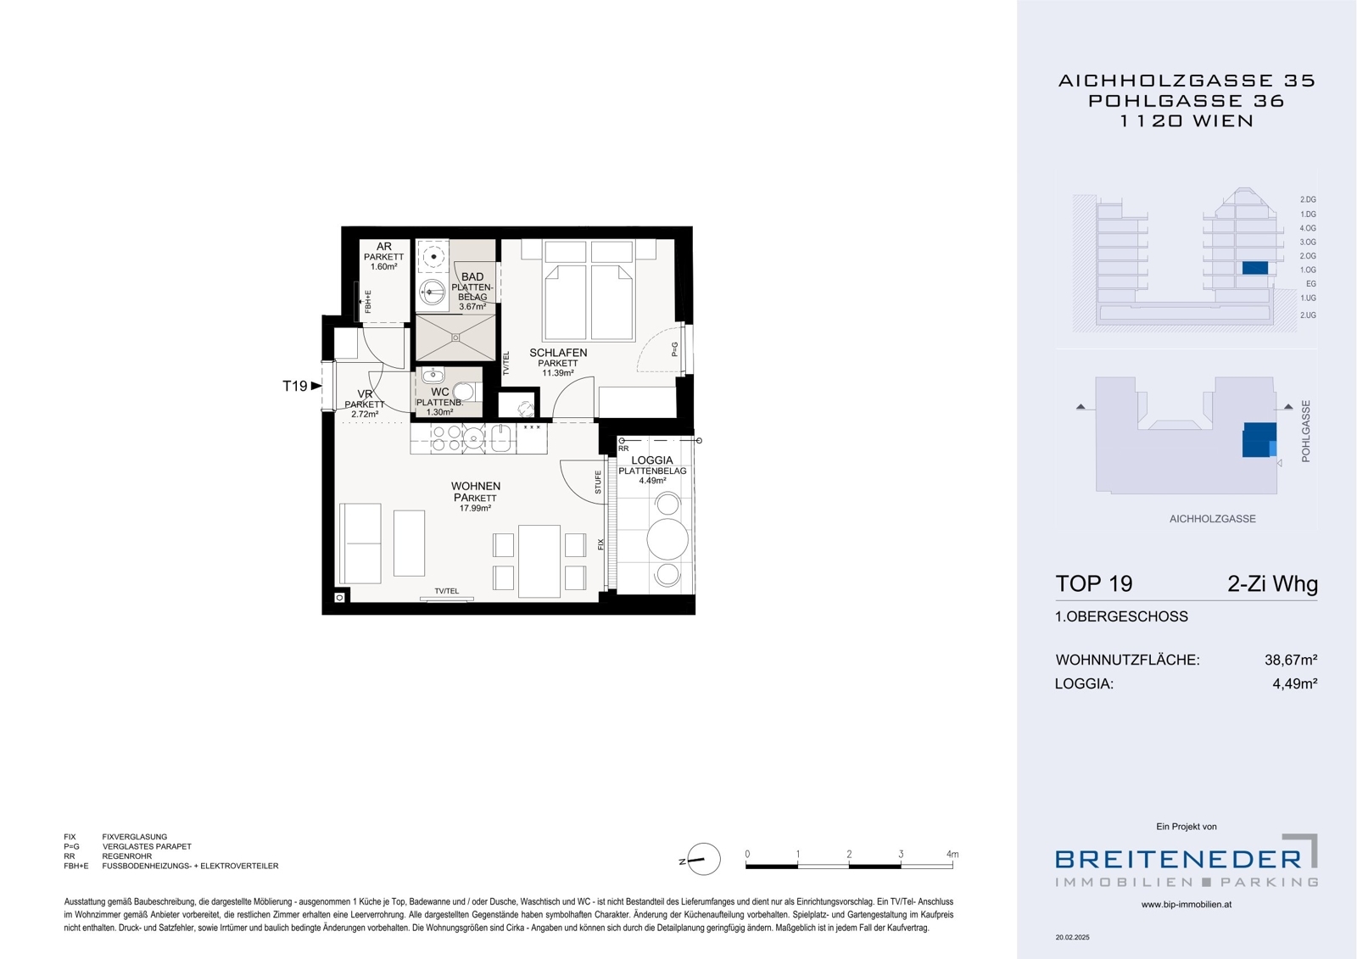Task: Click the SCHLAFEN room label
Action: point(558,353)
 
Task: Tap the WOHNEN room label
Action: point(476,486)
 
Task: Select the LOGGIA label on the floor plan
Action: point(652,460)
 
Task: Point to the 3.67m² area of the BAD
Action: point(472,307)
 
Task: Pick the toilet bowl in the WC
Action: point(463,392)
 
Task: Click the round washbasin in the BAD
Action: point(432,292)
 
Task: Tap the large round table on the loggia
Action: point(667,538)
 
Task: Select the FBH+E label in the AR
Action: point(368,302)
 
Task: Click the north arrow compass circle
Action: point(704,859)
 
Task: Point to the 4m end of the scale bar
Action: point(952,867)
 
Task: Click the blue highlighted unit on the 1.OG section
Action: point(1254,268)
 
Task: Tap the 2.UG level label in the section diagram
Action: point(1308,315)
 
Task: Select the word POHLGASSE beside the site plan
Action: point(1305,432)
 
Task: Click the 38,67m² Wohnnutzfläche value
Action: point(1291,660)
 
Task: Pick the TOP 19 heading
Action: point(1093,583)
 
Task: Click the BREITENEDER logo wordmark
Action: point(1178,859)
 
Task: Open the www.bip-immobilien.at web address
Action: point(1187,905)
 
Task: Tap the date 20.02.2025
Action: point(1072,937)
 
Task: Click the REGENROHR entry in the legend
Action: point(127,856)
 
